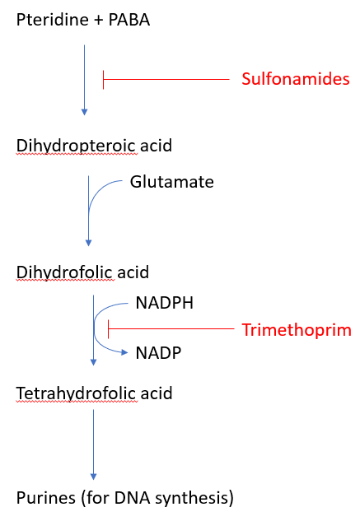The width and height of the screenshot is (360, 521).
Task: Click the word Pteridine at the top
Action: click(52, 20)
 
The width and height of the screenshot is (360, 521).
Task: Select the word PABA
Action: click(129, 20)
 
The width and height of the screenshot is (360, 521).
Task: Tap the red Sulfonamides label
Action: click(296, 79)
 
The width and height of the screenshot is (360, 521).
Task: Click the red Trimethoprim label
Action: click(297, 330)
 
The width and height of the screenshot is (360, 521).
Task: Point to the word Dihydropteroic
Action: click(76, 146)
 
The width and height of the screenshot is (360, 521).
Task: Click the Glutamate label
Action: click(171, 182)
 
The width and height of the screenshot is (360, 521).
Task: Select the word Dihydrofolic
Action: click(64, 272)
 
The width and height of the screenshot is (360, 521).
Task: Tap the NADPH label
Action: click(165, 303)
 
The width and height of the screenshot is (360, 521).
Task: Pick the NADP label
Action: click(158, 353)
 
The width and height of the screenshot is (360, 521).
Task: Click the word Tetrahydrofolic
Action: click(76, 393)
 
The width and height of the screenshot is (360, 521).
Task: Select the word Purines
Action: click(46, 498)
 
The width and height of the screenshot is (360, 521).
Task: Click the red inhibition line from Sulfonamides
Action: click(166, 79)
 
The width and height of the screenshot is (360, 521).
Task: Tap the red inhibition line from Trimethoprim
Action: click(171, 329)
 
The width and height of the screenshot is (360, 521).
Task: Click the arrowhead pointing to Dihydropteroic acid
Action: click(85, 112)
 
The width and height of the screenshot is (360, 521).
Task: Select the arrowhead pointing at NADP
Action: click(124, 352)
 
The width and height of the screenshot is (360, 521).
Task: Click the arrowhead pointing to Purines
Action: click(93, 477)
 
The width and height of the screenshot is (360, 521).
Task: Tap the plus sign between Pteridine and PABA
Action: click(99, 21)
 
